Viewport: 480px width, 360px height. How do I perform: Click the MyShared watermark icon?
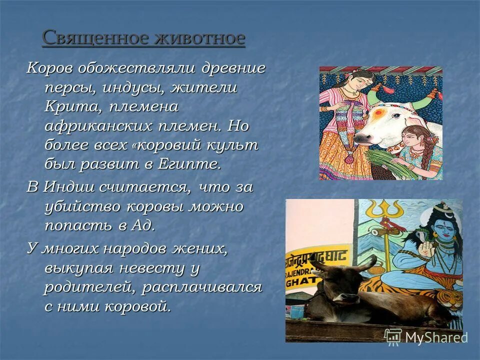(393, 336)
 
